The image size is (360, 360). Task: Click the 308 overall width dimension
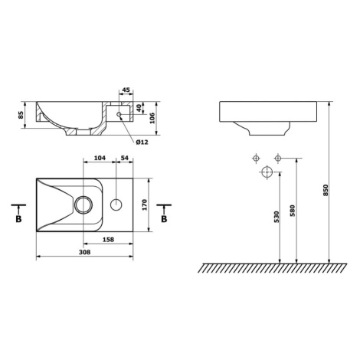click(x=84, y=252)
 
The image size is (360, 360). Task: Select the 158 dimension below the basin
click(x=108, y=240)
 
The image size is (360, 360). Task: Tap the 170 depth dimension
click(x=144, y=205)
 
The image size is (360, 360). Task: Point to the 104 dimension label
click(x=100, y=158)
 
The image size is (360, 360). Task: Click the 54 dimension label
click(x=124, y=158)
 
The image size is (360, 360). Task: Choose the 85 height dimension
click(x=21, y=115)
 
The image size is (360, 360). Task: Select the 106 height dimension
click(x=152, y=118)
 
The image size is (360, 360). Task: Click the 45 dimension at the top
click(x=126, y=90)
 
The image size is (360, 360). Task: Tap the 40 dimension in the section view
click(x=139, y=108)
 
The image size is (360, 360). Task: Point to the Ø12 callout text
click(x=142, y=142)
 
